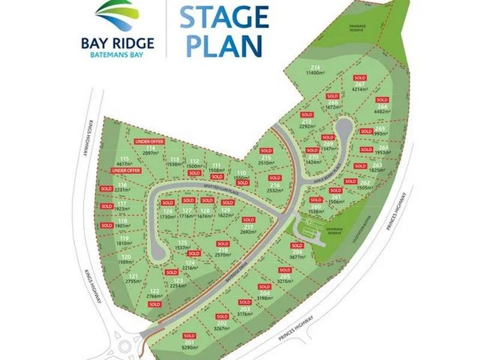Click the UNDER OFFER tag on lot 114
click(x=149, y=141)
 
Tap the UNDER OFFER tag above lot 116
click(x=125, y=171)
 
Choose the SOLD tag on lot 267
click(x=360, y=78)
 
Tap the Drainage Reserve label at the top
click(x=362, y=28)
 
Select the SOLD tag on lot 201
click(x=189, y=335)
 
